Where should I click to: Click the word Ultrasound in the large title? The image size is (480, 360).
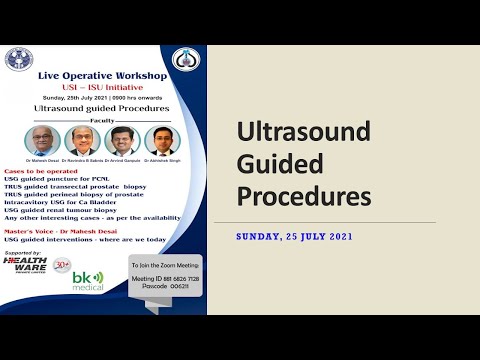pyautogui.click(x=302, y=132)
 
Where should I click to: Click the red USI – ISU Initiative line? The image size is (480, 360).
pyautogui.click(x=105, y=87)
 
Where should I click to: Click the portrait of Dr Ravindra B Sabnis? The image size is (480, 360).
pyautogui.click(x=78, y=139)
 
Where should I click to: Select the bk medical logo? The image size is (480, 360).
pyautogui.click(x=88, y=281)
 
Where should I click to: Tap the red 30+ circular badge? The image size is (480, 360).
pyautogui.click(x=62, y=265)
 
